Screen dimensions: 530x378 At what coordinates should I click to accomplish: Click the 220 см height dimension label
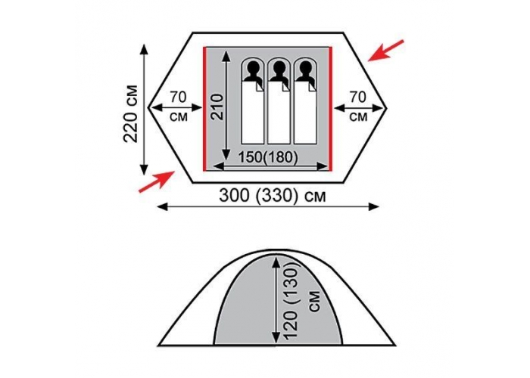coord(131,113)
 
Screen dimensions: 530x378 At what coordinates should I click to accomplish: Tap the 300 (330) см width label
coord(273,195)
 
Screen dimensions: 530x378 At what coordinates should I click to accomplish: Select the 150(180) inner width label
coord(268,157)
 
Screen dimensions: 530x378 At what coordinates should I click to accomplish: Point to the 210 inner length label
coord(217,107)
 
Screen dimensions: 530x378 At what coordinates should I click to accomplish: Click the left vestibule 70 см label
coord(178,107)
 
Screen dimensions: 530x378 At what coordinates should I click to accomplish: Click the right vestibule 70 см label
coord(358,107)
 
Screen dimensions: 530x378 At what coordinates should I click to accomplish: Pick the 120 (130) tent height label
coord(292,300)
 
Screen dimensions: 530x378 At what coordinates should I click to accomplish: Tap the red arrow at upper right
coord(385,51)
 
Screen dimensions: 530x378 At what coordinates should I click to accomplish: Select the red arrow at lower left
coord(157,181)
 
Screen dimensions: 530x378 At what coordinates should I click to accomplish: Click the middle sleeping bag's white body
coord(279,113)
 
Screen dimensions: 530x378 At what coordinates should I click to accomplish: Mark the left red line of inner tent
coord(204,109)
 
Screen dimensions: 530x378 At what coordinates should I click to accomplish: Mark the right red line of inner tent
coord(331,109)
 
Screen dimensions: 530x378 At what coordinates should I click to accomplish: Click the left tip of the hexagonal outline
coord(148,107)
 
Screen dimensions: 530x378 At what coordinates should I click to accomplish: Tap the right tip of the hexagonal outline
coord(386,107)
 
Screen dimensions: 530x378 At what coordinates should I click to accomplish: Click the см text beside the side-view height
coord(315,301)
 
